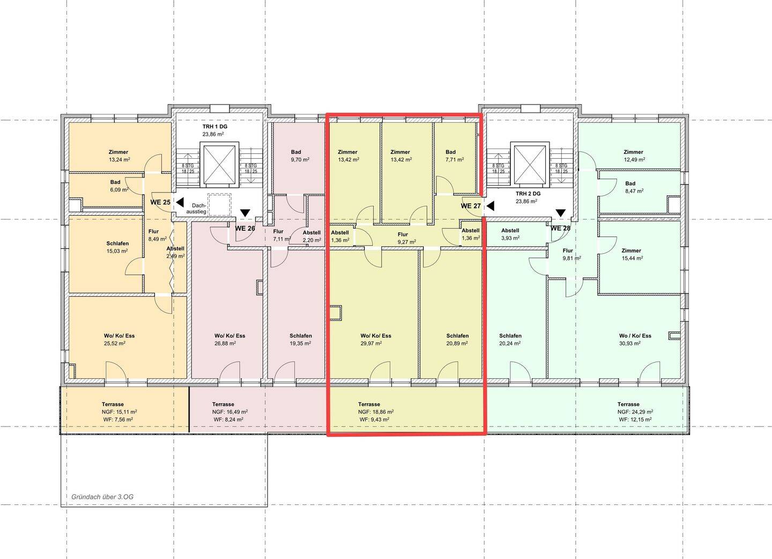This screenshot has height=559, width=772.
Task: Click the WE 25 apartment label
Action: coord(160,202)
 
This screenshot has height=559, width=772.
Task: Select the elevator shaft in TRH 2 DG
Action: coord(531,165)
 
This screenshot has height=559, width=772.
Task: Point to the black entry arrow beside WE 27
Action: coord(490,206)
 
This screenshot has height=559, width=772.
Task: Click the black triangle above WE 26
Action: coord(245,213)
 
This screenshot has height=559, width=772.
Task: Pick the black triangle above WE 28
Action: coord(560,213)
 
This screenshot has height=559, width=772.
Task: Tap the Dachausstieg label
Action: coord(196,209)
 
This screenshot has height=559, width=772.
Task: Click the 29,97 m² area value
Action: coord(371,343)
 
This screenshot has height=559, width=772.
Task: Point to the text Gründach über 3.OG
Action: coord(102,497)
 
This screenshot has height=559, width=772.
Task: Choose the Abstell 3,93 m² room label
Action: coord(510,234)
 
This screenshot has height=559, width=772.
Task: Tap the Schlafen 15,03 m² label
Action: coord(117,247)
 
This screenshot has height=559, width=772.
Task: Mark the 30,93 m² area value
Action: coord(630,343)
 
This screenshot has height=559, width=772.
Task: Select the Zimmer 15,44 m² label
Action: coord(633,254)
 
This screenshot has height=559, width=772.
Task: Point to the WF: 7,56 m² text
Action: coord(118,420)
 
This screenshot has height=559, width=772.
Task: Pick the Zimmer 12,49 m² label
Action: coord(634,156)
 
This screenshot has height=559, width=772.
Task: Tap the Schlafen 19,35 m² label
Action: coord(301,340)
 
